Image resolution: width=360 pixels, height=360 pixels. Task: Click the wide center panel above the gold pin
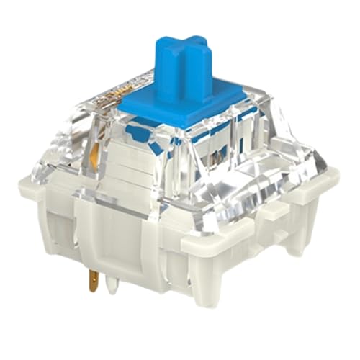[x=119, y=230]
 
